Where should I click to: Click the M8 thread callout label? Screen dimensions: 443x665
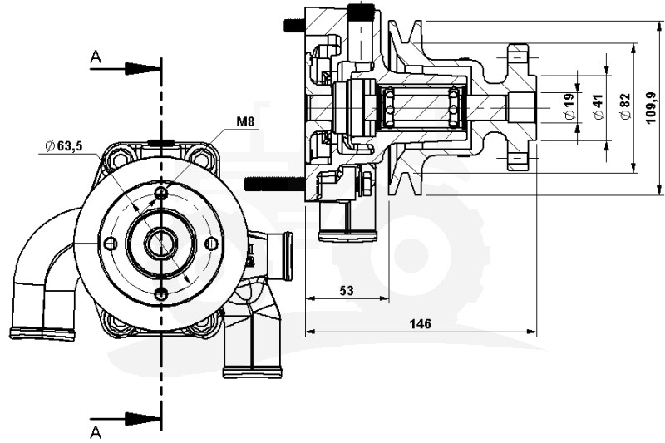(245, 122)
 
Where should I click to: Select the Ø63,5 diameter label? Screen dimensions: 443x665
(64, 146)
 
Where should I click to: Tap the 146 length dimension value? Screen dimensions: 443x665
(421, 324)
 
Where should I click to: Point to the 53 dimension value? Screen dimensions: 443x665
(347, 290)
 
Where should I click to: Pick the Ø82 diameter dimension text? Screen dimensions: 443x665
(625, 106)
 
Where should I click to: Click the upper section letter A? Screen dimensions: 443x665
(96, 57)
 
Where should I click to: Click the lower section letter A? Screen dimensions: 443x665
(96, 431)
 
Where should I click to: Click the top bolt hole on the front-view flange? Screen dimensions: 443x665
(161, 193)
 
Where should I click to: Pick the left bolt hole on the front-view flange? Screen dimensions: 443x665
(110, 244)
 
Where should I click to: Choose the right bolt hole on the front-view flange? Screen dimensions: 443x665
(212, 244)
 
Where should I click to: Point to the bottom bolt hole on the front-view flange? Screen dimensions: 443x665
(161, 294)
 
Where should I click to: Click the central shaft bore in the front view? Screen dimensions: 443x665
(160, 244)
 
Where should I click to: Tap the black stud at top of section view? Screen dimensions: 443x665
(361, 12)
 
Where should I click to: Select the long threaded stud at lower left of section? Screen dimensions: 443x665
(273, 184)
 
